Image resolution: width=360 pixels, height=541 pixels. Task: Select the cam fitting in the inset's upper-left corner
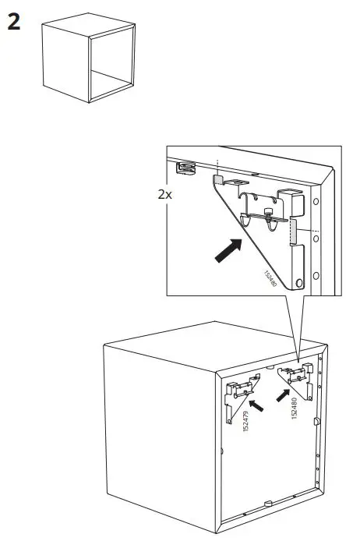click(x=185, y=166)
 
